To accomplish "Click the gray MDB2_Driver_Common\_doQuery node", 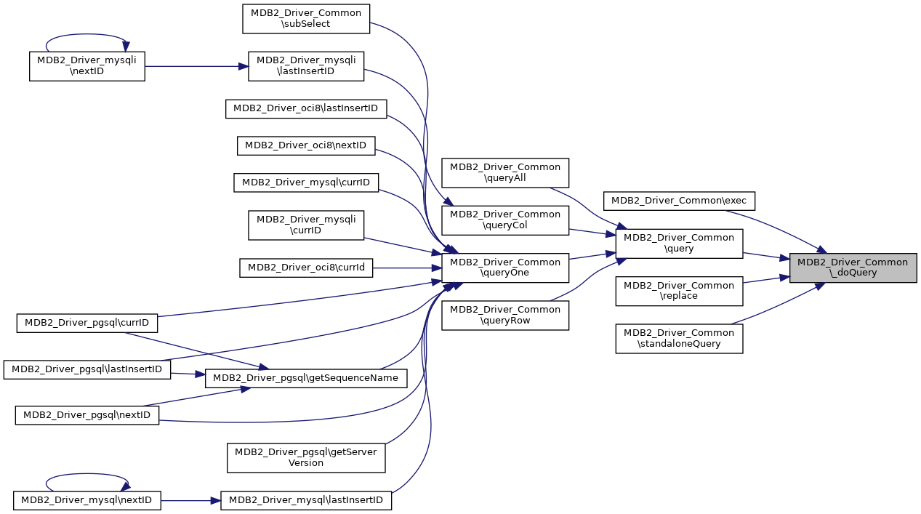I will (x=853, y=268).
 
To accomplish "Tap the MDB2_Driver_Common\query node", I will (x=679, y=243).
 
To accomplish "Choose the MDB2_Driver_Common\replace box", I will (x=679, y=291).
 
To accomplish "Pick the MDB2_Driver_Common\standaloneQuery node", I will (x=679, y=338).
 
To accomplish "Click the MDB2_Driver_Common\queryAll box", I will (x=505, y=172).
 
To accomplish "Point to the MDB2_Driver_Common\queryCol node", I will (x=505, y=220).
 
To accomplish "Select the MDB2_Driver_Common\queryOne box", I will (x=505, y=268).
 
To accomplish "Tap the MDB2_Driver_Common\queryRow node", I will (x=505, y=315).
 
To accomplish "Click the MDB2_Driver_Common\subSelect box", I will (x=306, y=18).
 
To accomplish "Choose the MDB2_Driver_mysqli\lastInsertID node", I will (x=306, y=65).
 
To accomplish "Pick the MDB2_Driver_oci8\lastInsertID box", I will (x=306, y=108).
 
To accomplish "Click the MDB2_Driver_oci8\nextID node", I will (x=306, y=145).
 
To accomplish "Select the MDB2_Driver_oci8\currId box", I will (x=306, y=268).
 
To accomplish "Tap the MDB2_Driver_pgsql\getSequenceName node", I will (x=306, y=378).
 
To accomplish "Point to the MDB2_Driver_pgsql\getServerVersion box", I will (x=306, y=457).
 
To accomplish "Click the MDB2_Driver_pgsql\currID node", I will (x=87, y=322).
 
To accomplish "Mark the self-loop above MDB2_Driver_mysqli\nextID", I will (x=87, y=35).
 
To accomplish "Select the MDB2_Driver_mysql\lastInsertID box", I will (x=306, y=500).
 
